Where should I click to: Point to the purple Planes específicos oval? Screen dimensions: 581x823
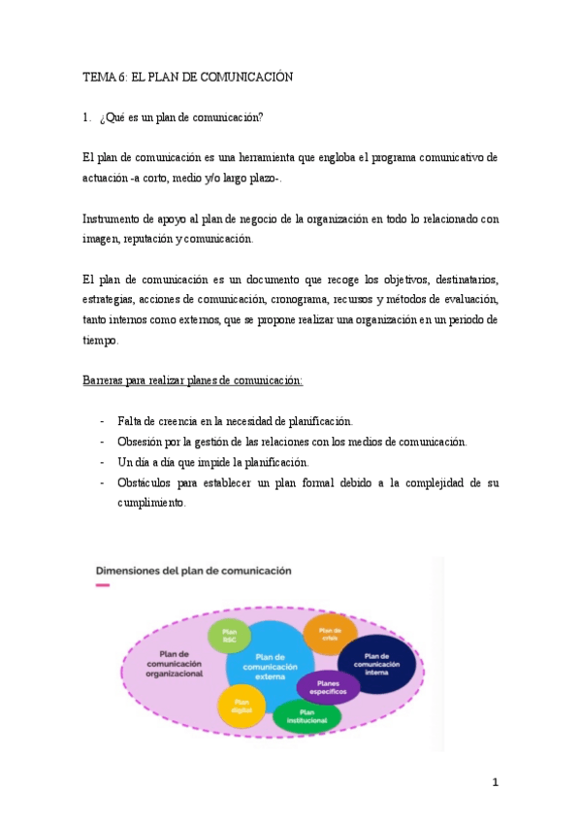coord(328,687)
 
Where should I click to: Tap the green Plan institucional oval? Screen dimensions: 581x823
coord(307,717)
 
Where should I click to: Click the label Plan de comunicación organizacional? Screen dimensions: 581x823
coord(175,662)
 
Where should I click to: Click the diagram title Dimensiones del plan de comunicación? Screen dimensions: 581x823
coord(193,571)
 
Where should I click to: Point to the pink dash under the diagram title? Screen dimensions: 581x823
coord(103,585)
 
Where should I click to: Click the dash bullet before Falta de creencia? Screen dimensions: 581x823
coord(103,421)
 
